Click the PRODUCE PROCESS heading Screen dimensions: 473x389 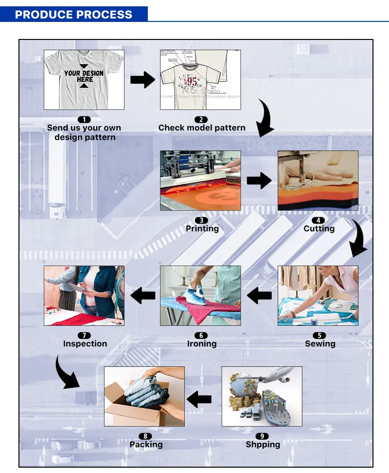[x=73, y=14]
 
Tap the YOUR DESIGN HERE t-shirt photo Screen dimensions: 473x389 [x=84, y=79]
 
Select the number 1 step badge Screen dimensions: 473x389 [x=84, y=119]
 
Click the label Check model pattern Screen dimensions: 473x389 [x=202, y=128]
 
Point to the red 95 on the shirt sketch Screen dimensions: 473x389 [x=193, y=81]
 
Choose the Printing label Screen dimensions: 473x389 [x=202, y=228]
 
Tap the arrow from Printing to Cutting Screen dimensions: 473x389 [x=259, y=181]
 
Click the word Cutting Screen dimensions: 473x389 [x=319, y=228]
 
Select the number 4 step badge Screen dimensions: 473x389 [x=319, y=220]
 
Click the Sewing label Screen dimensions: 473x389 [x=320, y=343]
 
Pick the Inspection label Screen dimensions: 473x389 [x=85, y=343]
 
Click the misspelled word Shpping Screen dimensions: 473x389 [x=263, y=444]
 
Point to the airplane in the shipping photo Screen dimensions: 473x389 [x=272, y=378]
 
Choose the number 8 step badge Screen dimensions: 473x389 [x=145, y=436]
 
